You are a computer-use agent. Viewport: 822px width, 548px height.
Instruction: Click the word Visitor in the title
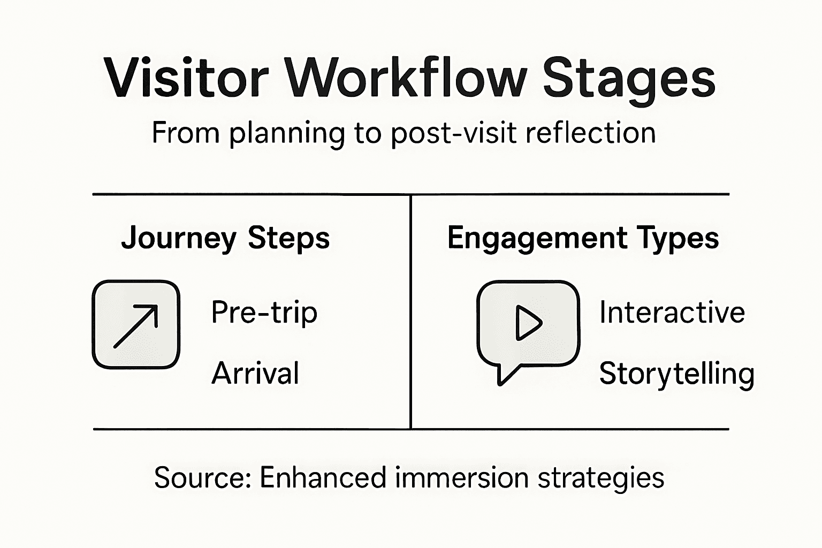click(x=185, y=78)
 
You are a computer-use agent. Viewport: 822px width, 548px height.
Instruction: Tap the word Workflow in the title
click(x=406, y=78)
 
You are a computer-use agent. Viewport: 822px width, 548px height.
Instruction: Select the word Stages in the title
click(x=629, y=80)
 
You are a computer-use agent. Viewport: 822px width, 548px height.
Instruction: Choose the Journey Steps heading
click(x=225, y=238)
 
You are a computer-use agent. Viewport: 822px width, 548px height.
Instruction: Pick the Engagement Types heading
click(x=583, y=238)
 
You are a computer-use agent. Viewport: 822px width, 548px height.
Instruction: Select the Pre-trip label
click(x=264, y=313)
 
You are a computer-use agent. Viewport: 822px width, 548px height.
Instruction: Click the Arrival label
click(x=255, y=373)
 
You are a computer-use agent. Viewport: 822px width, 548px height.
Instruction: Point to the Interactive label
click(x=672, y=313)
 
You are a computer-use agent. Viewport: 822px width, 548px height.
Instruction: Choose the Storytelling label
click(x=676, y=374)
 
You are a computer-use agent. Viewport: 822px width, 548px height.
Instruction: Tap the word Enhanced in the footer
click(x=323, y=477)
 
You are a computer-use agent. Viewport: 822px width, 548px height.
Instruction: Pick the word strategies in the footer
click(x=600, y=478)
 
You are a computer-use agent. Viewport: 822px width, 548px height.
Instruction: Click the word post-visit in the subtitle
click(x=454, y=134)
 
